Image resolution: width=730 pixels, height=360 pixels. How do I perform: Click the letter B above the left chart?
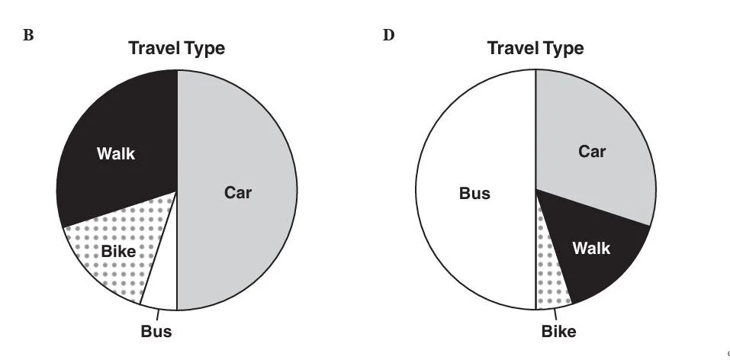(29, 36)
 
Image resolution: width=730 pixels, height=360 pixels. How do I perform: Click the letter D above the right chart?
(388, 35)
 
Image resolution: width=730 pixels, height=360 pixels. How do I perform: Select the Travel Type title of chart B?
(176, 49)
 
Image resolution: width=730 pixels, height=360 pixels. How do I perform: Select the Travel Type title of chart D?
(535, 49)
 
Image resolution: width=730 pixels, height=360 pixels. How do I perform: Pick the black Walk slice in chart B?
(122, 122)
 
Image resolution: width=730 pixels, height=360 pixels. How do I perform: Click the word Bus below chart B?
(156, 332)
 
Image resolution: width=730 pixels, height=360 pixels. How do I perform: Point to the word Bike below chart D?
(558, 332)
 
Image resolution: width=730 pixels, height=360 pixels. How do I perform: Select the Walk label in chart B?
(116, 154)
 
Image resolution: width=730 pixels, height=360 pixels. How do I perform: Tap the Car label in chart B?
(237, 192)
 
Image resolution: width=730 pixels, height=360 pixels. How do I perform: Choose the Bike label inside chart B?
(117, 251)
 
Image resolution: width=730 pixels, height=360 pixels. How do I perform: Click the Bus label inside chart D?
(474, 193)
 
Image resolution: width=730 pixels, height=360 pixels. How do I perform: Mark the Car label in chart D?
(592, 151)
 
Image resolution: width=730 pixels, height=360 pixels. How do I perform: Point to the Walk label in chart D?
(591, 249)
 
